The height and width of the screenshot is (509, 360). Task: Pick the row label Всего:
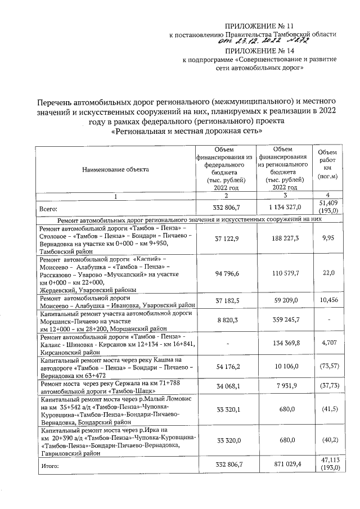[49, 208]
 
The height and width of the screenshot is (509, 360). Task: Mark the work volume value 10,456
[327, 300]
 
